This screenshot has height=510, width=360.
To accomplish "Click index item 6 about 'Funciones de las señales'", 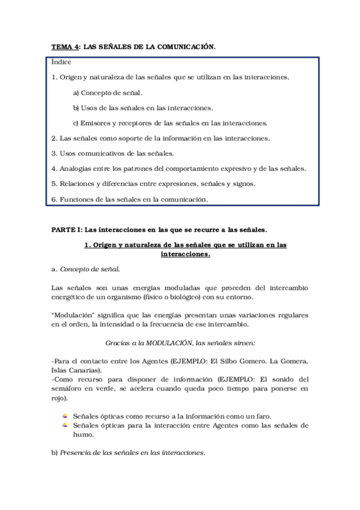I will click(x=130, y=199).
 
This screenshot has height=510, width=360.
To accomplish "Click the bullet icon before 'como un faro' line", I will click(x=64, y=416).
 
